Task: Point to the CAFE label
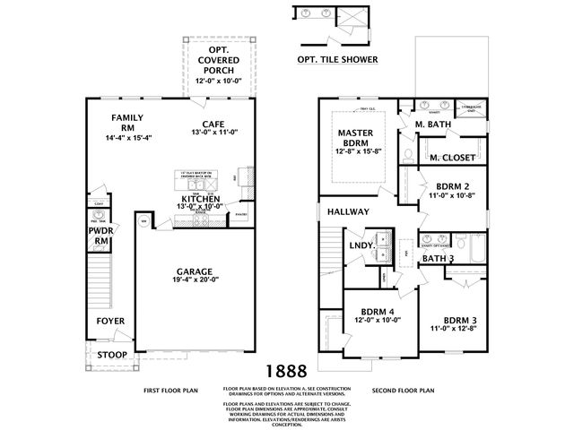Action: [213, 124]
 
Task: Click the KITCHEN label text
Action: [202, 198]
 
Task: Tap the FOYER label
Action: [111, 321]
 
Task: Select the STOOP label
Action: [111, 353]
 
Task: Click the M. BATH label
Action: [432, 124]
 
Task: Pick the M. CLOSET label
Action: [451, 157]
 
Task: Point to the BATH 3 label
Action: [439, 259]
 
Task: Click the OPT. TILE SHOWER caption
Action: [337, 60]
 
